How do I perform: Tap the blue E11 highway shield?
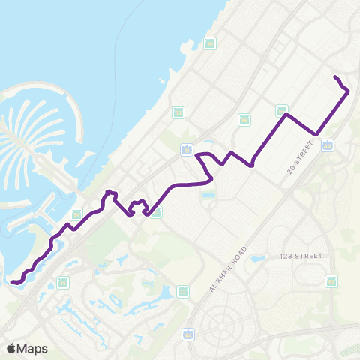pos(186,150)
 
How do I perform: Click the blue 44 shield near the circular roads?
pos(188,334)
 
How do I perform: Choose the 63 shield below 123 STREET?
pos(331,281)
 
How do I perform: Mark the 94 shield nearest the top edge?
pos(210,43)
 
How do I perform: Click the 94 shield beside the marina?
pos(76,214)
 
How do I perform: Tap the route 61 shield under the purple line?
pos(155,212)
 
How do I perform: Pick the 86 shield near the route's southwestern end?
pos(63,283)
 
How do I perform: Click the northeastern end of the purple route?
pos(334,77)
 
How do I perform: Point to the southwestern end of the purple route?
pos(13,282)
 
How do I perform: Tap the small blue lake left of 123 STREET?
pos(257,259)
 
